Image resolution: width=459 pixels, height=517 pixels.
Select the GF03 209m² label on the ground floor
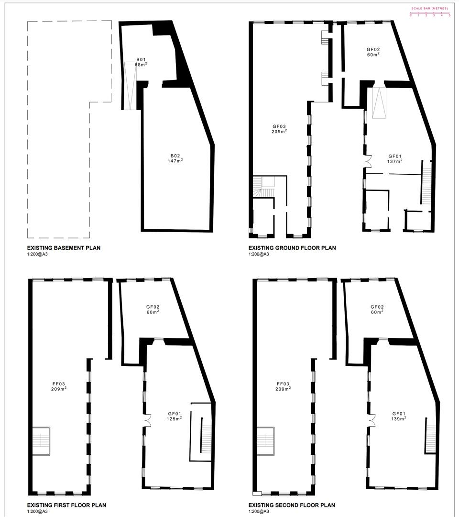coord(279,128)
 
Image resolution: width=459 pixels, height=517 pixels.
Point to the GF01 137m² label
coord(394,158)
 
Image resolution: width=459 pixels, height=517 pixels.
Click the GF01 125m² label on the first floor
coord(175,416)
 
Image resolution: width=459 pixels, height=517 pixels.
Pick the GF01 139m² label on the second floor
coord(399,416)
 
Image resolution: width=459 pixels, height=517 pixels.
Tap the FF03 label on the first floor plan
coord(58,386)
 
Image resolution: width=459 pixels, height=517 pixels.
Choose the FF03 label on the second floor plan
coord(283,386)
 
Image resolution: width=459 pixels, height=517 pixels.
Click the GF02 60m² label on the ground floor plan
coord(373,52)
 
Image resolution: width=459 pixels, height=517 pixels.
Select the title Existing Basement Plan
coord(64,248)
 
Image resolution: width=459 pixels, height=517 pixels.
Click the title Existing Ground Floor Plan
coord(292,248)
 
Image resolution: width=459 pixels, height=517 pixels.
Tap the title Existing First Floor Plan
coord(66,505)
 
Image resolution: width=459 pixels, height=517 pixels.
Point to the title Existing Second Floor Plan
coord(292,505)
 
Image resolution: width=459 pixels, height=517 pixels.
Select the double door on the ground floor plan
coord(368,161)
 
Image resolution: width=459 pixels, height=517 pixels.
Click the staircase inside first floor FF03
coord(41,438)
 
